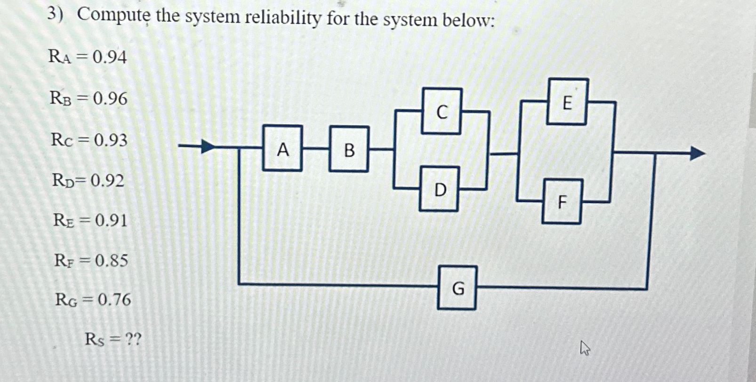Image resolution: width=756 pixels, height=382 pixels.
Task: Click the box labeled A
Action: (282, 148)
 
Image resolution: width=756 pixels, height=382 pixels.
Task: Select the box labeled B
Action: (349, 149)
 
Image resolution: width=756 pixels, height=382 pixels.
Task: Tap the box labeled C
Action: (442, 111)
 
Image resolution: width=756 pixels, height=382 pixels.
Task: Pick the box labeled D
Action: (440, 189)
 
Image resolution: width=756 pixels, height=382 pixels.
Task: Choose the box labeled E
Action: (567, 102)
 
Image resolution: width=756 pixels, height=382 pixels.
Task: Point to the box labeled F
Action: (562, 202)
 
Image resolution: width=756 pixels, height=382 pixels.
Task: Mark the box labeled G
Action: (457, 287)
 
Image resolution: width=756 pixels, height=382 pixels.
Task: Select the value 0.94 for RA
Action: (110, 57)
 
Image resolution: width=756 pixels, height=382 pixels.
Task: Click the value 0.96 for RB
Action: (110, 98)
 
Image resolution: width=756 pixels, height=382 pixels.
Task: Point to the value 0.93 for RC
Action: (111, 140)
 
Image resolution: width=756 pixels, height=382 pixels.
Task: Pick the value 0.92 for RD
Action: (107, 180)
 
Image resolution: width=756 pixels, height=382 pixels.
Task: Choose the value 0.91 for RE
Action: (111, 220)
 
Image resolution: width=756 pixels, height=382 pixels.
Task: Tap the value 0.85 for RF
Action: (111, 260)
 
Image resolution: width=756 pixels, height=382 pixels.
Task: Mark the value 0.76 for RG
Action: (114, 299)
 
